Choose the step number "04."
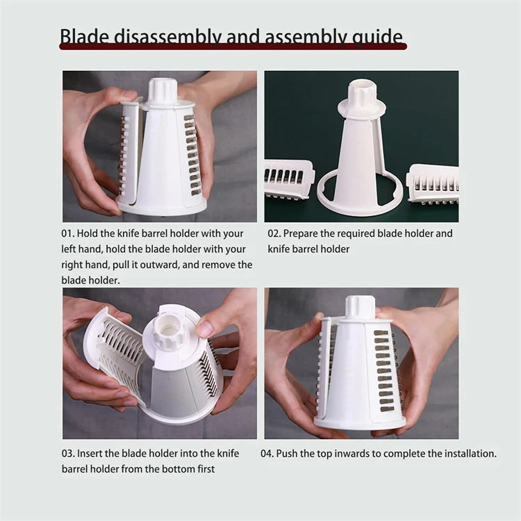[x=268, y=454]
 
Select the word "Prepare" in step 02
[x=305, y=233]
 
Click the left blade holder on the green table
[x=288, y=178]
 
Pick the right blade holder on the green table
[x=432, y=183]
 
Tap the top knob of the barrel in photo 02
[x=361, y=94]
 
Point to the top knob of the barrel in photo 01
[x=163, y=91]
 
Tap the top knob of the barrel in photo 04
[x=360, y=307]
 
